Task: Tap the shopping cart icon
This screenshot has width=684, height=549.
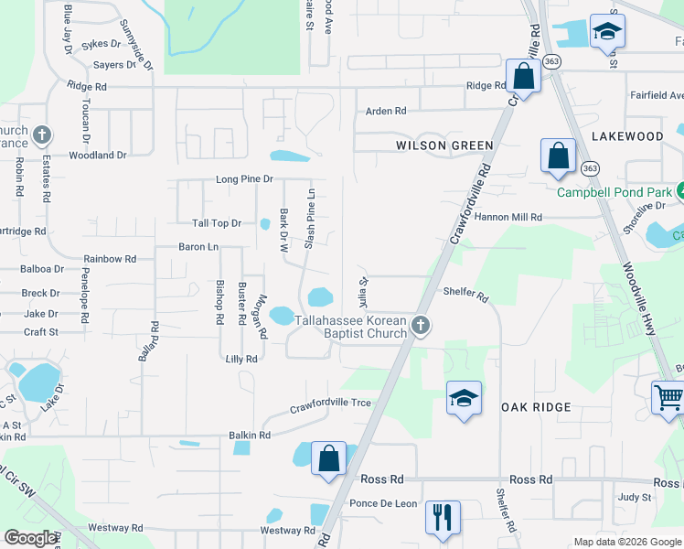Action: click(668, 398)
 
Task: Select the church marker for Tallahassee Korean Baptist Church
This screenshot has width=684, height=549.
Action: click(420, 326)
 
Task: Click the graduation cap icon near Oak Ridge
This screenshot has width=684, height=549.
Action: click(464, 398)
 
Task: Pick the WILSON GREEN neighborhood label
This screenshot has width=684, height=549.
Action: click(444, 145)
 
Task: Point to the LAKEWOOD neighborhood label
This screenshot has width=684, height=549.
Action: click(627, 136)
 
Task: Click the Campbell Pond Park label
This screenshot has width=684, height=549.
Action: click(615, 192)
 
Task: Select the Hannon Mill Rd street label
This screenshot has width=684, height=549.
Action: click(508, 218)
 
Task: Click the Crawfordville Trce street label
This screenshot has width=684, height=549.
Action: click(331, 405)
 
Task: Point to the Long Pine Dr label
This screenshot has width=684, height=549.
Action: click(244, 179)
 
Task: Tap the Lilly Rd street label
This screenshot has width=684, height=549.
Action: click(240, 360)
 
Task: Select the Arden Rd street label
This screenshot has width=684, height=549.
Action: click(386, 112)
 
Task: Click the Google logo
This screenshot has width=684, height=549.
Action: click(31, 538)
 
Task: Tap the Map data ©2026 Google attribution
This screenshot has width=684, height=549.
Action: click(627, 542)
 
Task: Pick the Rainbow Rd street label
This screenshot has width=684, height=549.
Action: click(110, 259)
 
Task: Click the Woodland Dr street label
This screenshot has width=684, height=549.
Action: click(98, 156)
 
